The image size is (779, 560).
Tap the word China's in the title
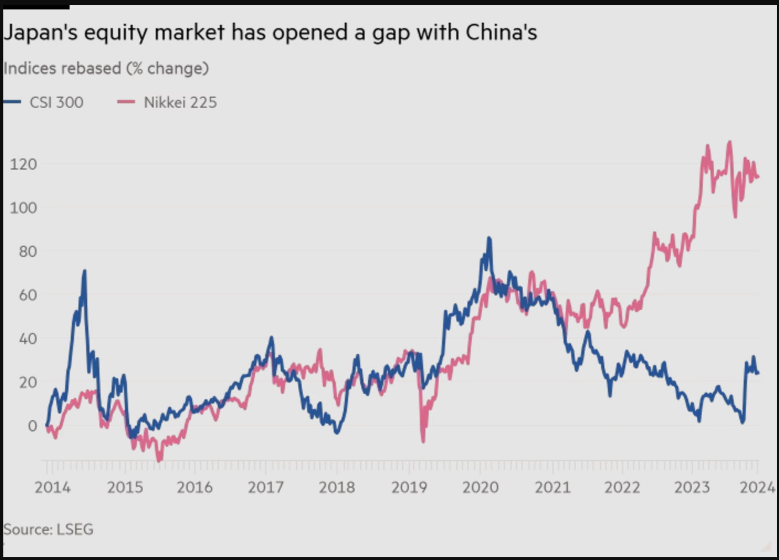[x=501, y=33]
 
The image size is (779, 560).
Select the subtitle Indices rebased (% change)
[x=106, y=68]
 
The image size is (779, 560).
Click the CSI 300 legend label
[x=56, y=103]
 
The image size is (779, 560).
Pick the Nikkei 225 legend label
[x=180, y=103]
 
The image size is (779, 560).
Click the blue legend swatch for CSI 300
[x=12, y=102]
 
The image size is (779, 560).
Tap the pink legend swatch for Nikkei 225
[x=126, y=102]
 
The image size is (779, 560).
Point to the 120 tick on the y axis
[x=23, y=164]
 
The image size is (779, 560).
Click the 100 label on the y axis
[x=23, y=208]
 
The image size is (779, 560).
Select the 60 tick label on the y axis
[x=28, y=295]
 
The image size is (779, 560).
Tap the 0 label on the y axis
[x=33, y=426]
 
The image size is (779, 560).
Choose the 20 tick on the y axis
[x=28, y=382]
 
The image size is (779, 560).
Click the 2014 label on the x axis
[x=52, y=487]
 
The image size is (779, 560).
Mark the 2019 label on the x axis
[x=409, y=487]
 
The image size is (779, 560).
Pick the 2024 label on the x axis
[x=757, y=487]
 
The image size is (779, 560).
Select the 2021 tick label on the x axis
[x=552, y=487]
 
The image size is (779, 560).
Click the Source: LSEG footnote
[x=49, y=530]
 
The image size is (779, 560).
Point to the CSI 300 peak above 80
[x=489, y=239]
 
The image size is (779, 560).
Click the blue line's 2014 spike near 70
[x=85, y=271]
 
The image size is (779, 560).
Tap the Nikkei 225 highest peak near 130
[x=730, y=142]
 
